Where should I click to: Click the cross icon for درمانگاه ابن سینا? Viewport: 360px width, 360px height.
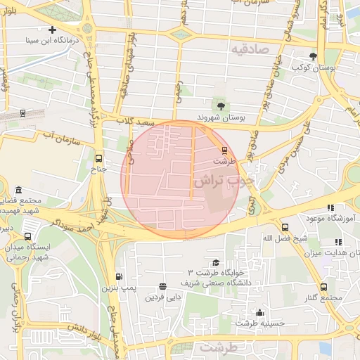pos(53,30)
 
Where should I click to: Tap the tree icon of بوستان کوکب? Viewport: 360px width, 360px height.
pos(313,56)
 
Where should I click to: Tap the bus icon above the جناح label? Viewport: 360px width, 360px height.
pos(98,158)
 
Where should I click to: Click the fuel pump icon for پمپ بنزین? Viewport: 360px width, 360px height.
pos(118,276)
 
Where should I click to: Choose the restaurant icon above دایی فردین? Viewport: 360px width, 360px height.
pos(163,286)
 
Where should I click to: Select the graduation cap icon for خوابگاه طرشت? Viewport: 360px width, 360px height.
pos(215,262)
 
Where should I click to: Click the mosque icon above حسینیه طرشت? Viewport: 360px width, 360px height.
pos(260,313)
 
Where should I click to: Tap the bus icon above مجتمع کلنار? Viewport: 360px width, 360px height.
pos(323,287)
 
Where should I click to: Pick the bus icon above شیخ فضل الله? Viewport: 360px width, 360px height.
pos(285,227)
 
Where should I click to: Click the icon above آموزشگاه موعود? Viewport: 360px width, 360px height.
pos(330,207)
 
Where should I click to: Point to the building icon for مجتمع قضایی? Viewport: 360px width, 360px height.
pos(18,191)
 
